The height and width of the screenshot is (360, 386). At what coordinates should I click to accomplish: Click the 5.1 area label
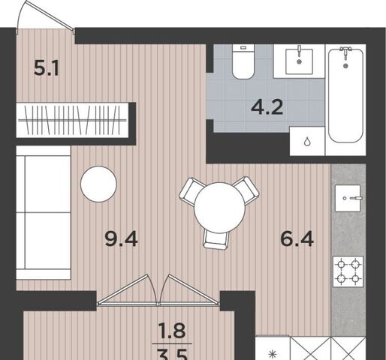47,68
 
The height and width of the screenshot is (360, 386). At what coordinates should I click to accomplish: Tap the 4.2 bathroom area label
267,107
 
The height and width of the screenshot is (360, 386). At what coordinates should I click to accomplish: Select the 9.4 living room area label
122,238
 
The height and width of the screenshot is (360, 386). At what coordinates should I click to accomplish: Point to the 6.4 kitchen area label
297,238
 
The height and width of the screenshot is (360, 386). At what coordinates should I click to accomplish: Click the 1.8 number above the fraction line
172,330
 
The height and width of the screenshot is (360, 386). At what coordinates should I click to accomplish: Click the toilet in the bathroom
243,61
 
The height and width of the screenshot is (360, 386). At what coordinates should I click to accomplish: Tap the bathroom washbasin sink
299,61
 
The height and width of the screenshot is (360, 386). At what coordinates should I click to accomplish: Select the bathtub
345,95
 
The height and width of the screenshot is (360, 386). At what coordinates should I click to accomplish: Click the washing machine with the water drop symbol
307,141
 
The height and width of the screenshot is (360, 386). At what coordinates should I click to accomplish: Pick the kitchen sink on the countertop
348,198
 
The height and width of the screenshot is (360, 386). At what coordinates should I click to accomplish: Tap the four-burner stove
348,271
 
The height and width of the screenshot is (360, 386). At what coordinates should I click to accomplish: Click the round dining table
219,208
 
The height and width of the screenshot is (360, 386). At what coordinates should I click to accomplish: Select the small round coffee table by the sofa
98,184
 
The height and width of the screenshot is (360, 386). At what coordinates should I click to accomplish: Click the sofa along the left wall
44,213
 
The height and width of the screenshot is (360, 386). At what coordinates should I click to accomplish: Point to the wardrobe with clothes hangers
72,120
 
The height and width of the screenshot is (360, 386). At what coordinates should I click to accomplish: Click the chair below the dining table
216,240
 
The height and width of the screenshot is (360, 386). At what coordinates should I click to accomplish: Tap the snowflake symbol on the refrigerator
272,355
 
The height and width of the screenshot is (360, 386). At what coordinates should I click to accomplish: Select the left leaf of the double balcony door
128,291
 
